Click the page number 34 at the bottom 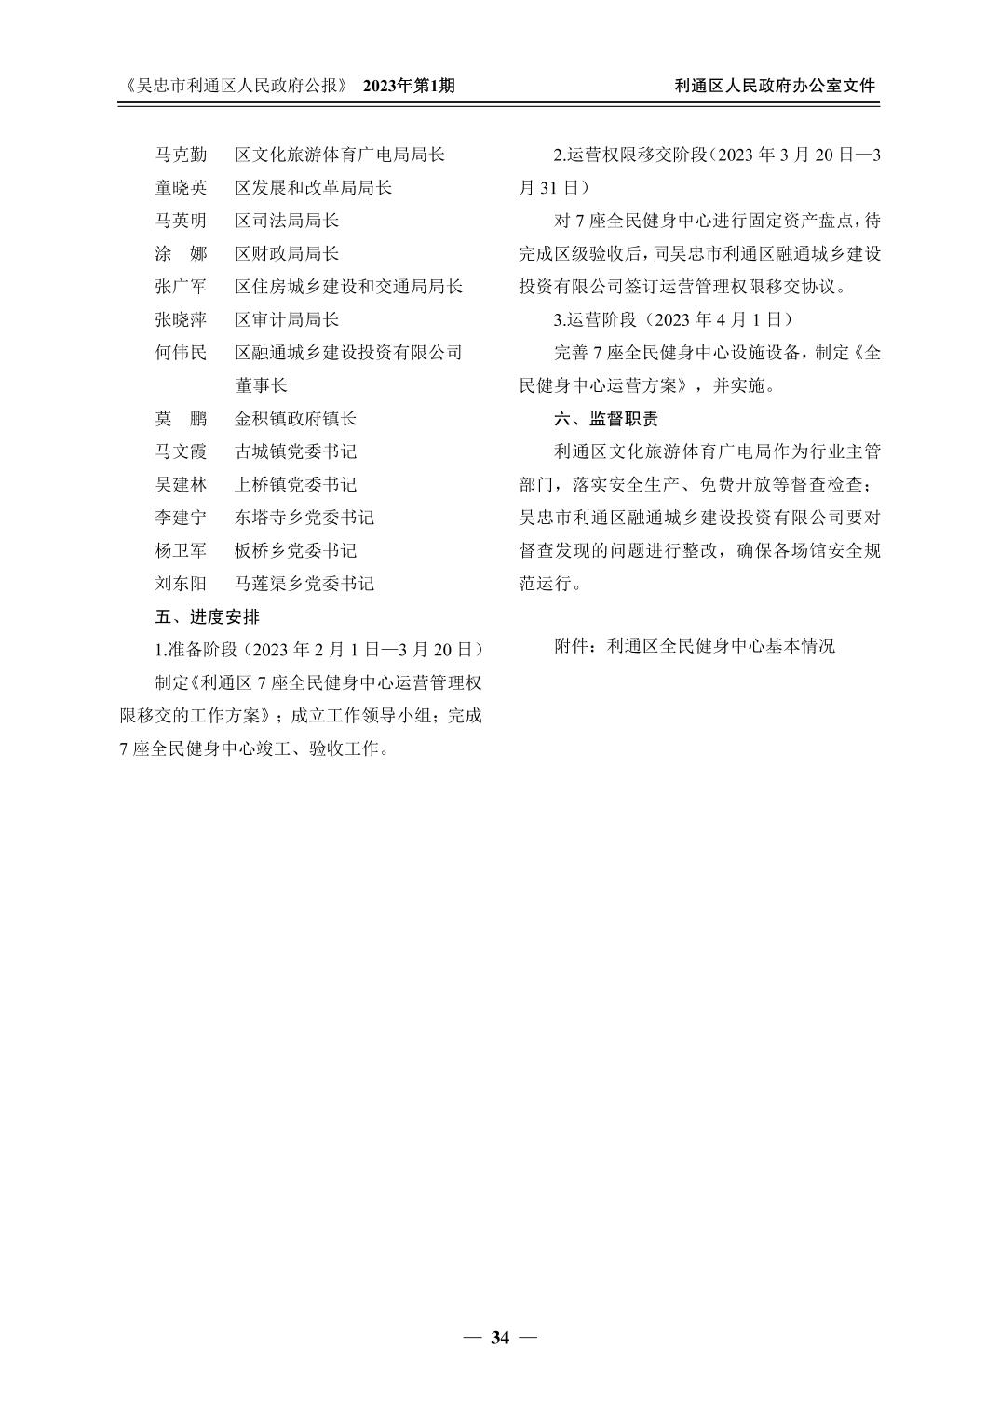(x=500, y=1339)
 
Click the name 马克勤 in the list (x=181, y=155)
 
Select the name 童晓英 (x=181, y=188)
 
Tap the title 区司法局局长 (x=287, y=221)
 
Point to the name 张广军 (x=181, y=287)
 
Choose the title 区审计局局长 (x=287, y=319)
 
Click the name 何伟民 (x=181, y=353)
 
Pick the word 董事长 (x=261, y=385)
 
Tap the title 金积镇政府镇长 (x=295, y=419)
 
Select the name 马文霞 (x=181, y=451)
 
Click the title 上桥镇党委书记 (x=295, y=485)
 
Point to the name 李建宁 (x=181, y=518)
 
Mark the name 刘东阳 (x=181, y=584)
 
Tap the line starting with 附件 (x=695, y=645)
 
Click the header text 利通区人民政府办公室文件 (x=775, y=86)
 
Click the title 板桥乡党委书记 (x=295, y=551)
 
